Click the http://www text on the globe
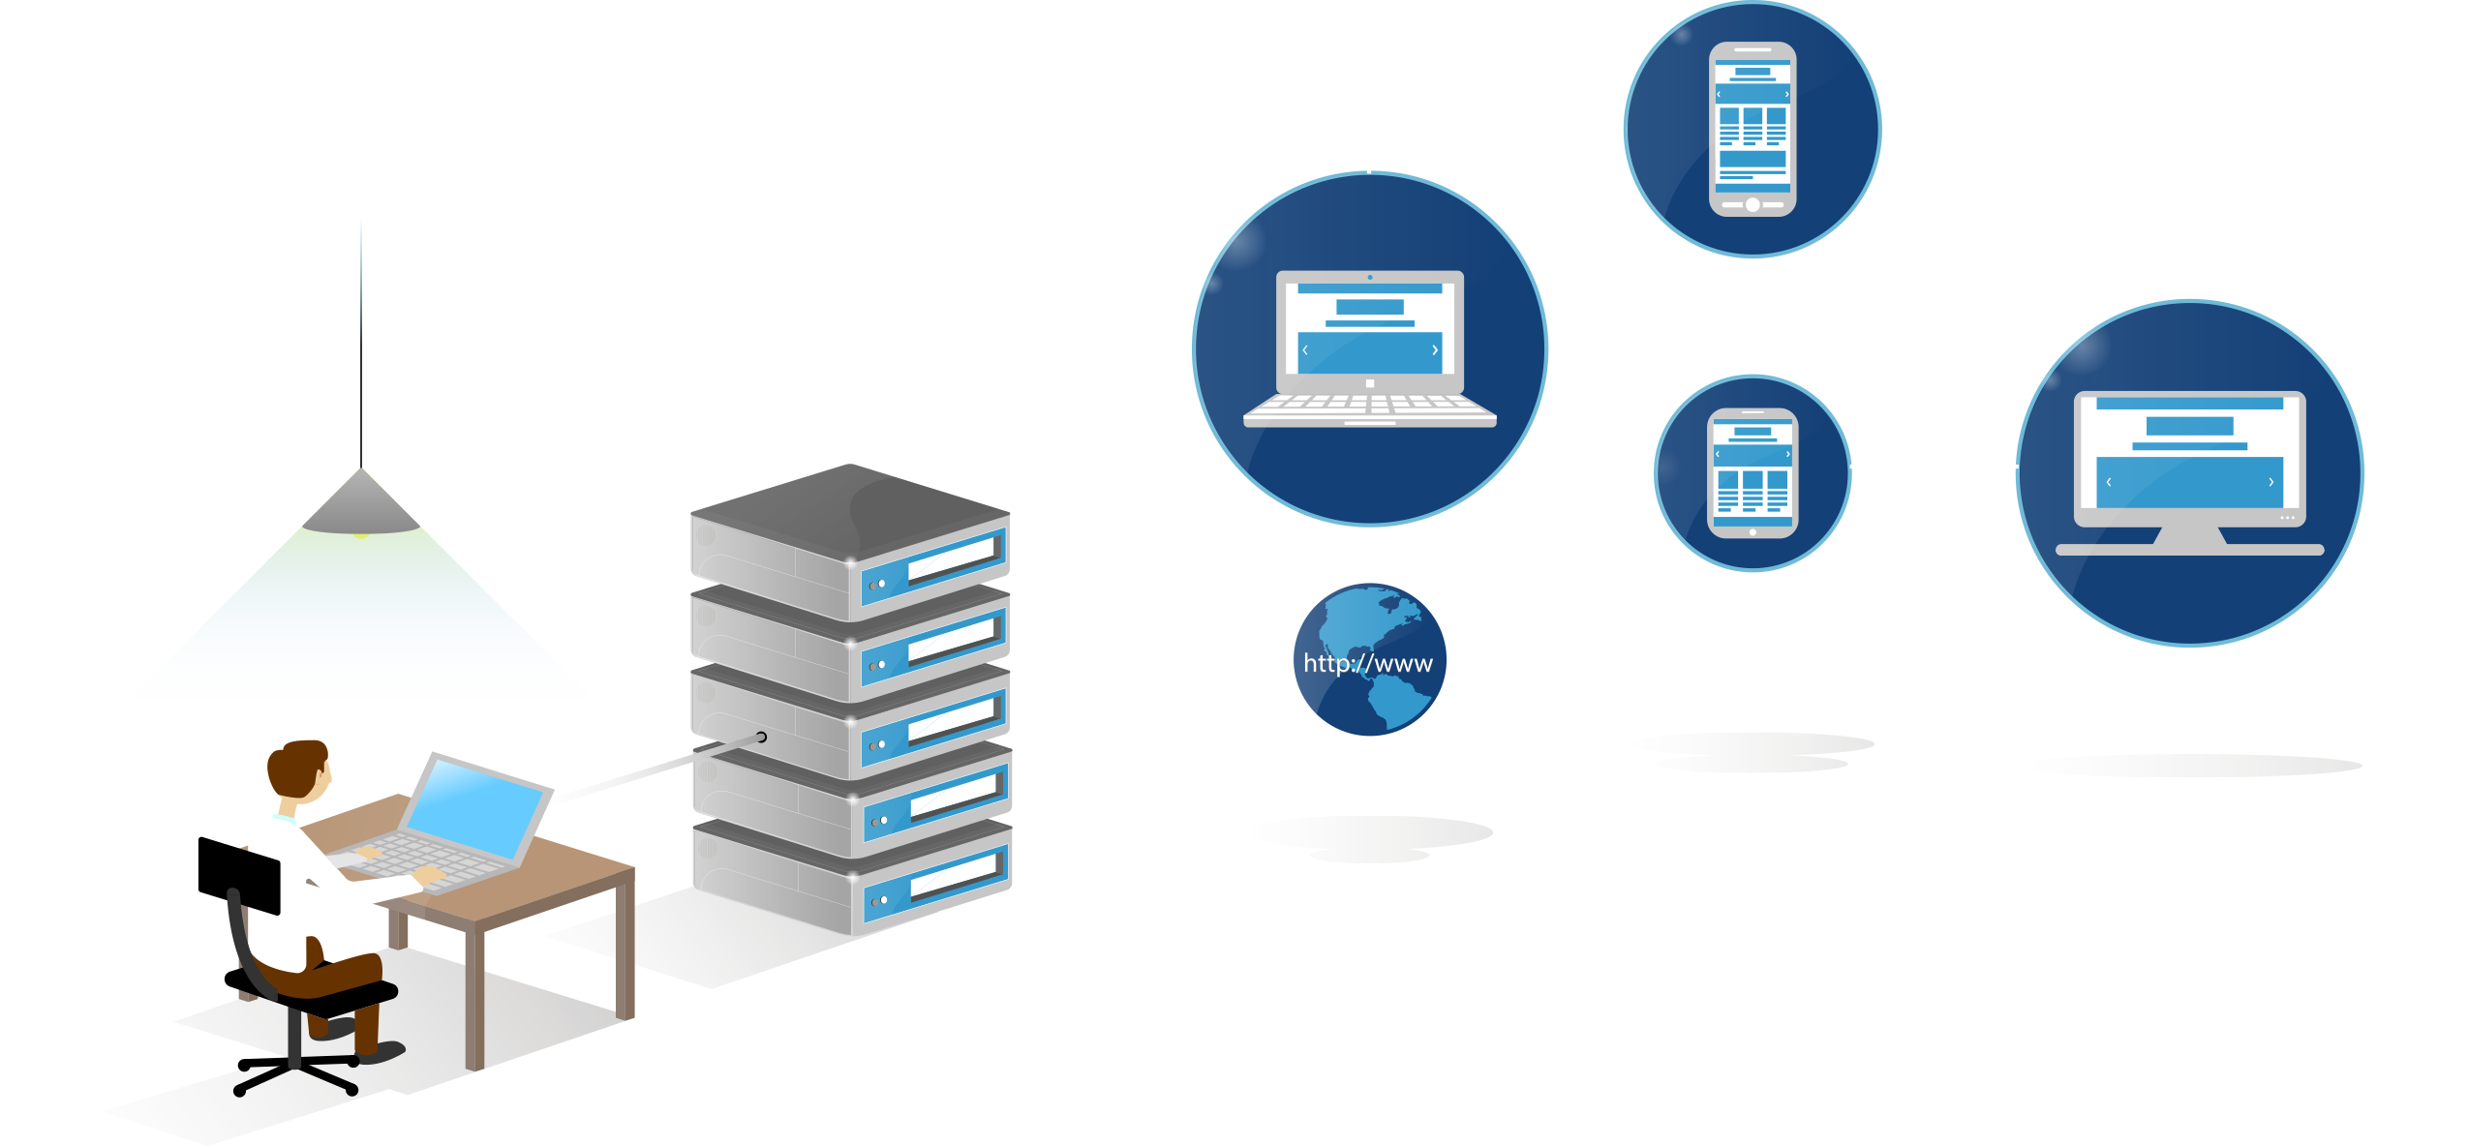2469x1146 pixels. (x=1367, y=663)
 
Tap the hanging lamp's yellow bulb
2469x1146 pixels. (x=360, y=534)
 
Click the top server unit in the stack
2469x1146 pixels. (x=849, y=542)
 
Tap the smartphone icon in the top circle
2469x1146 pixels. (x=1753, y=128)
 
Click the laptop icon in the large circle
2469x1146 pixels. (x=1369, y=348)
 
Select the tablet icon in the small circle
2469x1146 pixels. (x=1753, y=472)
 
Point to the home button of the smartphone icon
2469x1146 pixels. (x=1753, y=205)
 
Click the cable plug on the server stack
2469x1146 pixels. (x=761, y=738)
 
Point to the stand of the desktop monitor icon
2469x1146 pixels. (x=2189, y=538)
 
